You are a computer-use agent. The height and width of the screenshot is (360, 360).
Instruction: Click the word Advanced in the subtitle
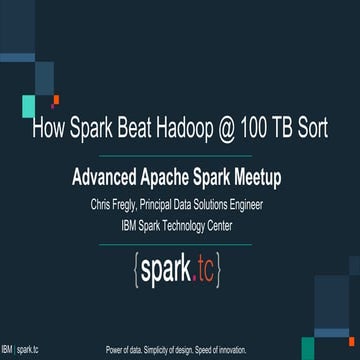coord(108,177)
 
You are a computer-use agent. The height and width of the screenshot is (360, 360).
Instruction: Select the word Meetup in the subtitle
coord(251,177)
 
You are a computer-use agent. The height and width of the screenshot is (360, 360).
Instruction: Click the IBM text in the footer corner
coord(7,351)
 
